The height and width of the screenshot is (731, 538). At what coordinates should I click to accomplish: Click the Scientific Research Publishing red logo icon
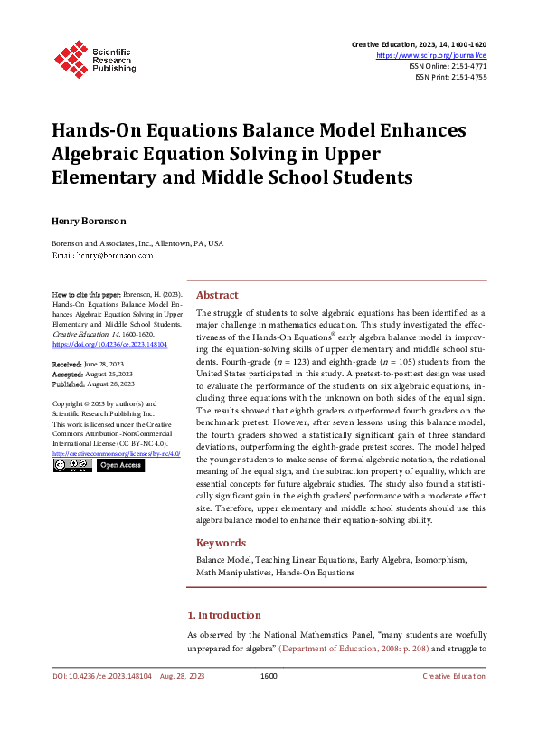pyautogui.click(x=69, y=56)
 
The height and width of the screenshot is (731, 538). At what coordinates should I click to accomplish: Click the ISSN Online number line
pyautogui.click(x=448, y=66)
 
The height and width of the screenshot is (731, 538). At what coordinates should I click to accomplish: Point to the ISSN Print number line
pyautogui.click(x=450, y=77)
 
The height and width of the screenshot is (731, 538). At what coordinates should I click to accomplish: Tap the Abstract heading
pyautogui.click(x=217, y=295)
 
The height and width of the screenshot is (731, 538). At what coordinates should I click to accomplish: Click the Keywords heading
pyautogui.click(x=221, y=543)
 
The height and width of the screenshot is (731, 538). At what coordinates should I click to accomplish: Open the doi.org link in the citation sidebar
pyautogui.click(x=109, y=345)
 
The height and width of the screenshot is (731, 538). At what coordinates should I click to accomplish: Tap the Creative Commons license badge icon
pyautogui.click(x=71, y=465)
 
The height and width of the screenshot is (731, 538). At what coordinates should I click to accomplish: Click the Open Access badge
pyautogui.click(x=119, y=465)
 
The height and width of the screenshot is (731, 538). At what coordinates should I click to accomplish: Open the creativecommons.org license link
pyautogui.click(x=117, y=453)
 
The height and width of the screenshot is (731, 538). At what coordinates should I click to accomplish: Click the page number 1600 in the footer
pyautogui.click(x=268, y=676)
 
